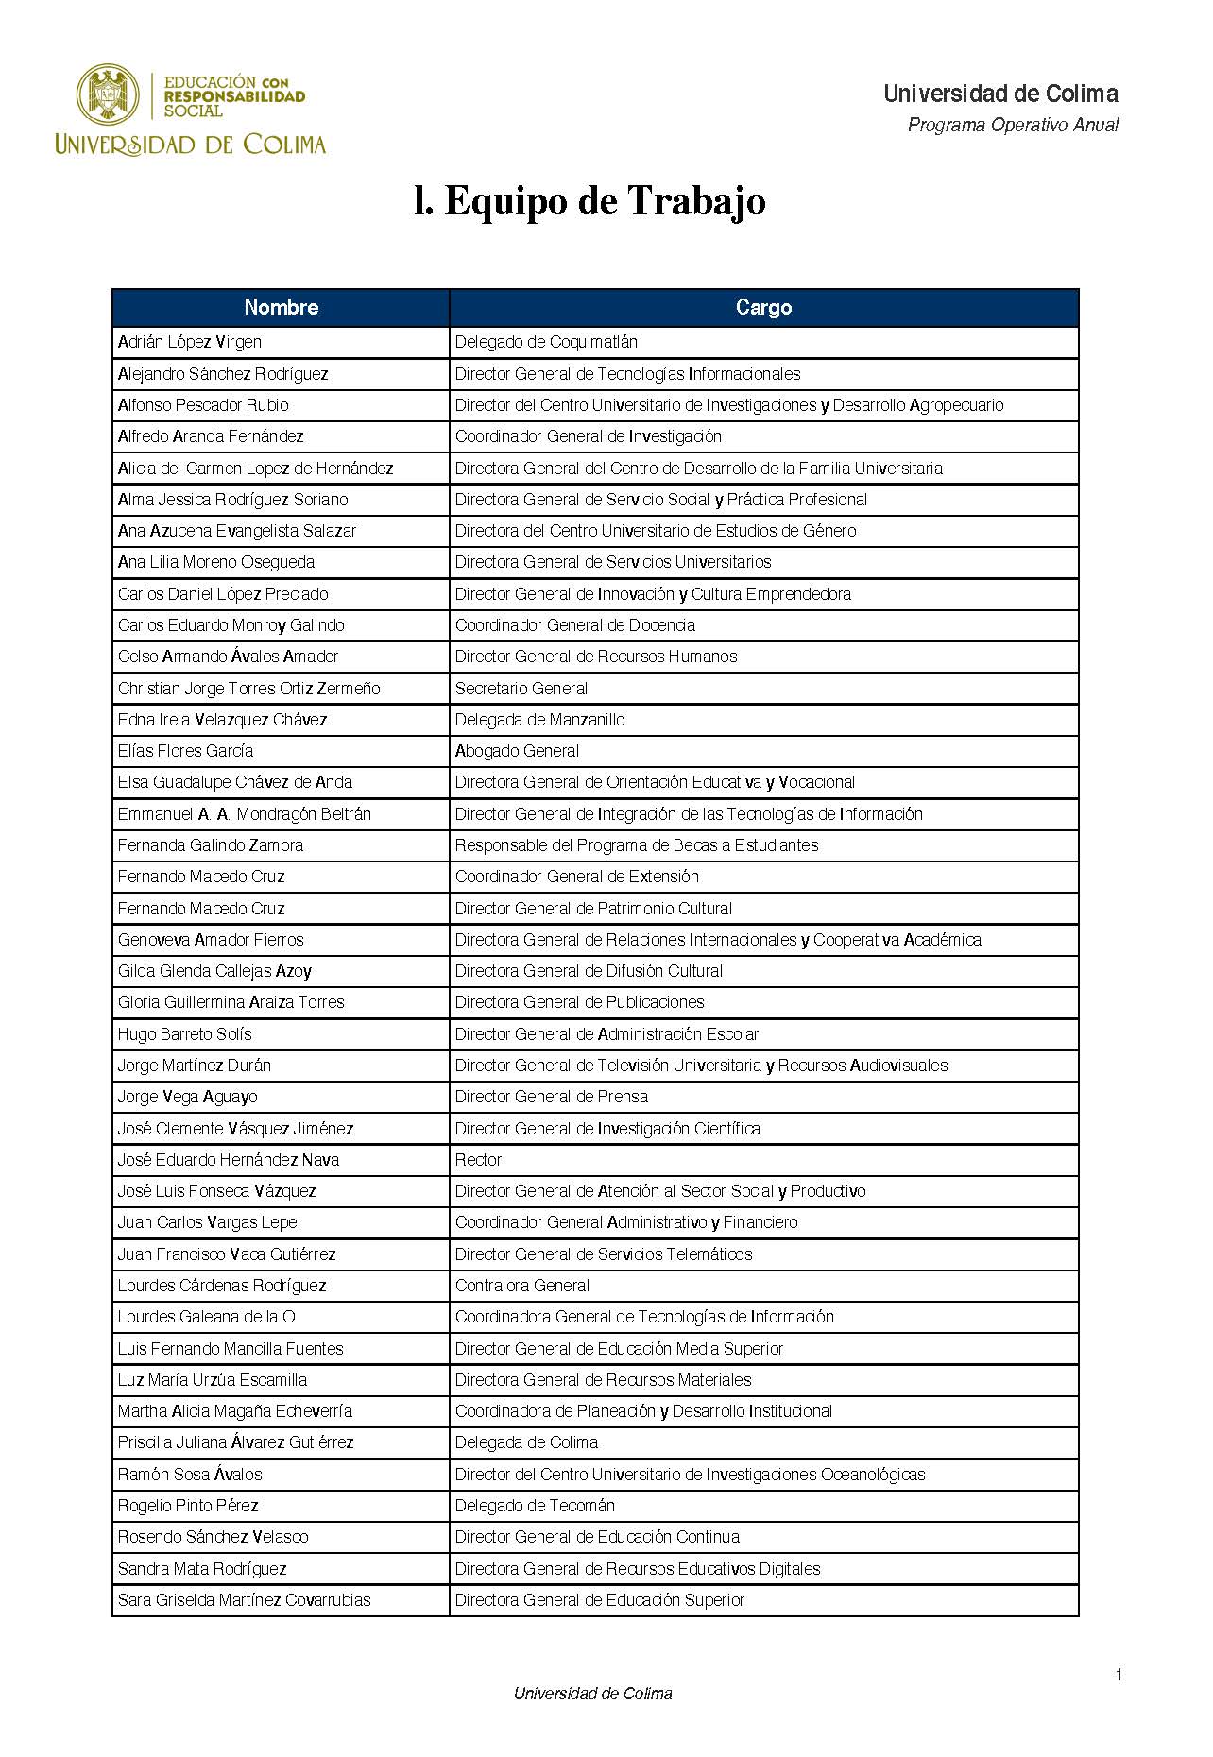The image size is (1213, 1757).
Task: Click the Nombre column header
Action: point(281,307)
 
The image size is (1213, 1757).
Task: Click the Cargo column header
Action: point(763,307)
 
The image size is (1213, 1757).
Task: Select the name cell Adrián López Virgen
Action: point(190,342)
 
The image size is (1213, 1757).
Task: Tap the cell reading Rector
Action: point(478,1160)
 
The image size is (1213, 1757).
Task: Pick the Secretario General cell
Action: point(521,689)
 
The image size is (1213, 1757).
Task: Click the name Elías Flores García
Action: point(185,751)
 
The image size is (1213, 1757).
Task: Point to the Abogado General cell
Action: point(517,751)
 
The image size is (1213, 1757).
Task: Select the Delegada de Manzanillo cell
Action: point(539,720)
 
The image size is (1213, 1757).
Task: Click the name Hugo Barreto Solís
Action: point(184,1034)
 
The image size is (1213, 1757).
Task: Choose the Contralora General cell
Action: point(522,1286)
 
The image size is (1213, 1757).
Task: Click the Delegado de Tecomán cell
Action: point(535,1506)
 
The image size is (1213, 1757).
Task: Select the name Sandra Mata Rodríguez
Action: point(202,1569)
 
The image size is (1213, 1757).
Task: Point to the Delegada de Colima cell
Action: point(526,1442)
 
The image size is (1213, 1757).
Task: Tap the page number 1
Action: point(1119,1676)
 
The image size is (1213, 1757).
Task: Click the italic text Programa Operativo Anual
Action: point(1013,125)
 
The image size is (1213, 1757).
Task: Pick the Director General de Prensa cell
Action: point(552,1097)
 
